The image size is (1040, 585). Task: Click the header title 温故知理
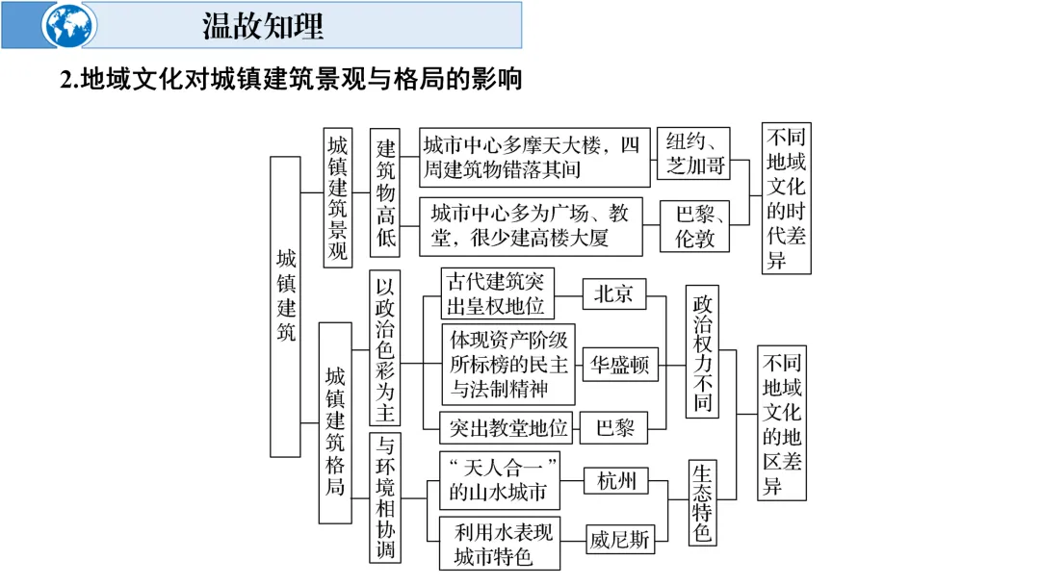pyautogui.click(x=263, y=26)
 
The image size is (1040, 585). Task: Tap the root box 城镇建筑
pyautogui.click(x=285, y=306)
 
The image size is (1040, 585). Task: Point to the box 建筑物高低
pyautogui.click(x=385, y=192)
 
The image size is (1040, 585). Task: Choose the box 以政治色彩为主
pyautogui.click(x=384, y=347)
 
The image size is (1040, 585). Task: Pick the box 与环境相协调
pyautogui.click(x=384, y=497)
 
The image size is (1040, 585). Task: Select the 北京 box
pyautogui.click(x=613, y=294)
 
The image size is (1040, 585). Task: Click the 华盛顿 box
pyautogui.click(x=620, y=365)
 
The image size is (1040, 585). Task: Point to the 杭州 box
pyautogui.click(x=615, y=481)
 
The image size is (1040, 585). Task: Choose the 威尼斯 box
pyautogui.click(x=620, y=540)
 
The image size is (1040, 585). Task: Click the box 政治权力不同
pyautogui.click(x=702, y=351)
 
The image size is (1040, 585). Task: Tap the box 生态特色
pyautogui.click(x=702, y=502)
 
